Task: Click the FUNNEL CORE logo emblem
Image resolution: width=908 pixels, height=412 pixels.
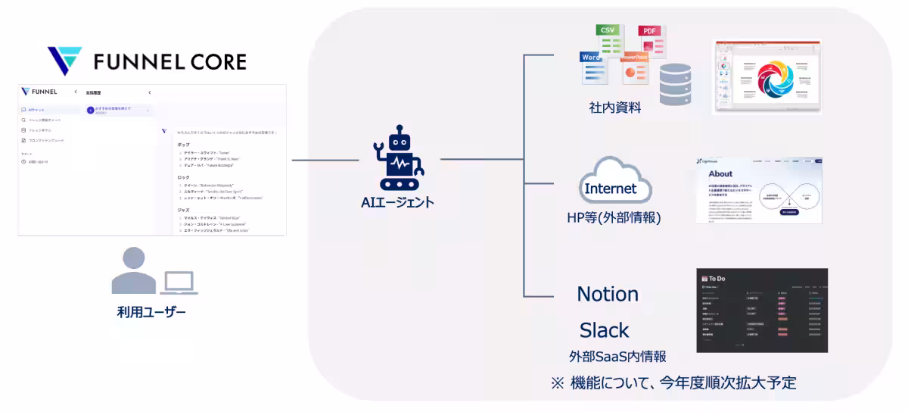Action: [64, 61]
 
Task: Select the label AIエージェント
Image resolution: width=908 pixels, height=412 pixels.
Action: [398, 202]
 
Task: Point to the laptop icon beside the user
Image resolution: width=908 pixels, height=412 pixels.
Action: [179, 283]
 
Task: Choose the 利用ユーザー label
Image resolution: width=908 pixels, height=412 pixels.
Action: [151, 312]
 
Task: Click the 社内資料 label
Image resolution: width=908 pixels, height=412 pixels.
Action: [614, 108]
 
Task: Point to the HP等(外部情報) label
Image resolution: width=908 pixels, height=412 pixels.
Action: [614, 218]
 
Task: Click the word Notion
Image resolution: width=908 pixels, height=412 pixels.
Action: [608, 294]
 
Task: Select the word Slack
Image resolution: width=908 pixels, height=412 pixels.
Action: [605, 330]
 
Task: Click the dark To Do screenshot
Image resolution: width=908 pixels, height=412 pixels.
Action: [761, 310]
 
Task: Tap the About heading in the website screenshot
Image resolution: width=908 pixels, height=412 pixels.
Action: [720, 173]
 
